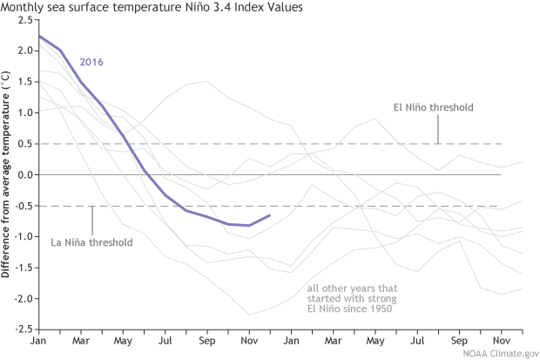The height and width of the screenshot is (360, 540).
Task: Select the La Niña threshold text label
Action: point(92,241)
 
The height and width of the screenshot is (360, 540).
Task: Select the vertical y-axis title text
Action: point(8,174)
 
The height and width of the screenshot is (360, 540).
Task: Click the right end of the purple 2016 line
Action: point(270,214)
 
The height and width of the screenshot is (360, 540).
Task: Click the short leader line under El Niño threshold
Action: point(437,129)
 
